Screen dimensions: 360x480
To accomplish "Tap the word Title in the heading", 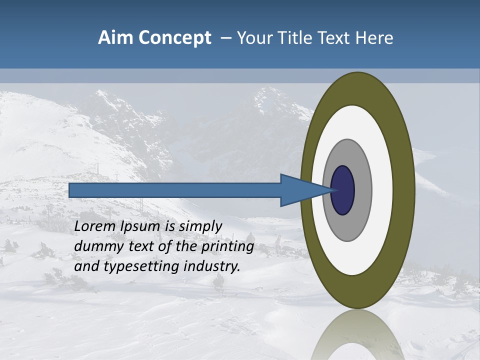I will tap(299, 38).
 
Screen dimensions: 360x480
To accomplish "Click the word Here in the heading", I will tap(374, 38).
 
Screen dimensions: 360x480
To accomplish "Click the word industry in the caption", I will tap(212, 266).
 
